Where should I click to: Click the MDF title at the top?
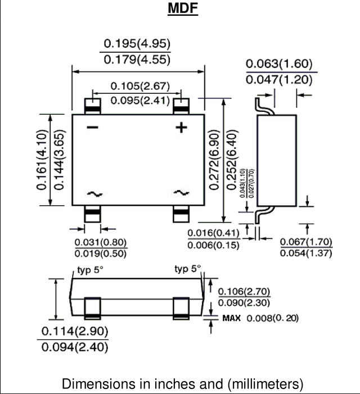point(183,8)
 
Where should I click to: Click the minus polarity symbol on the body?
point(92,128)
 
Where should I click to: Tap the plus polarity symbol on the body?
point(181,128)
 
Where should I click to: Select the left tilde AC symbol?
point(94,194)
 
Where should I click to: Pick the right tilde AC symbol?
point(181,193)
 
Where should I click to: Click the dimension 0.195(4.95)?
point(137,44)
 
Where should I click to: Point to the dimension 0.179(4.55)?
point(137,60)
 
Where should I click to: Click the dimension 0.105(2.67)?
point(140,86)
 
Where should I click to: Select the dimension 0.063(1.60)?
point(279,64)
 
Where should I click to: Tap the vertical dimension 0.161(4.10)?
point(42,160)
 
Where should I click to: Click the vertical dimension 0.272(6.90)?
point(214,160)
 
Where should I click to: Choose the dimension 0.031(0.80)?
point(101,242)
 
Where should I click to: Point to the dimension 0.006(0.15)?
point(213,245)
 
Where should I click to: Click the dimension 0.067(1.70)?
point(306,242)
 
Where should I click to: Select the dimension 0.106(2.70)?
point(244,292)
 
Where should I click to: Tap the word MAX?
point(232,318)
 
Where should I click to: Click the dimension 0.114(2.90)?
point(75,332)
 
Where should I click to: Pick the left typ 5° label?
point(90,270)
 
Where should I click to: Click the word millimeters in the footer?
point(265,384)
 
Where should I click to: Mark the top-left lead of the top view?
point(92,106)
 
